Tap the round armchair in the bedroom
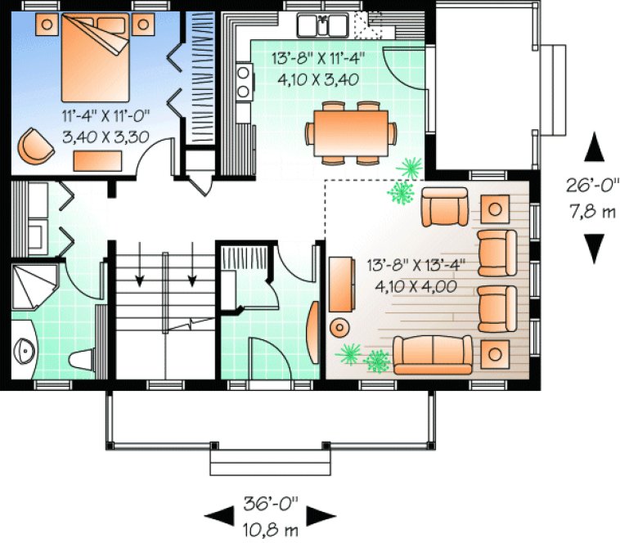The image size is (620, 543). (34, 145)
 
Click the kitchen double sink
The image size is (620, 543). (323, 26)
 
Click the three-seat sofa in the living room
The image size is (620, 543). (432, 354)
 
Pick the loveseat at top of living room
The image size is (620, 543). (446, 207)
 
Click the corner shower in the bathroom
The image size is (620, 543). (34, 285)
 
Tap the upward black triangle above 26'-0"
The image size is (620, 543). (595, 150)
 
